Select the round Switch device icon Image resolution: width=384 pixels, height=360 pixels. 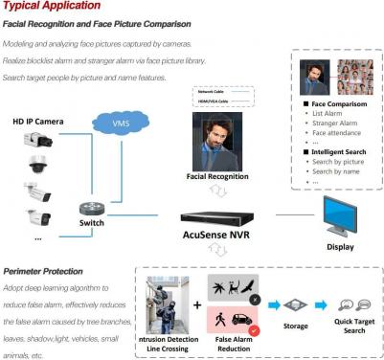pyautogui.click(x=92, y=210)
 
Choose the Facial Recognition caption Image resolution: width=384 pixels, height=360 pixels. pyautogui.click(x=217, y=177)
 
